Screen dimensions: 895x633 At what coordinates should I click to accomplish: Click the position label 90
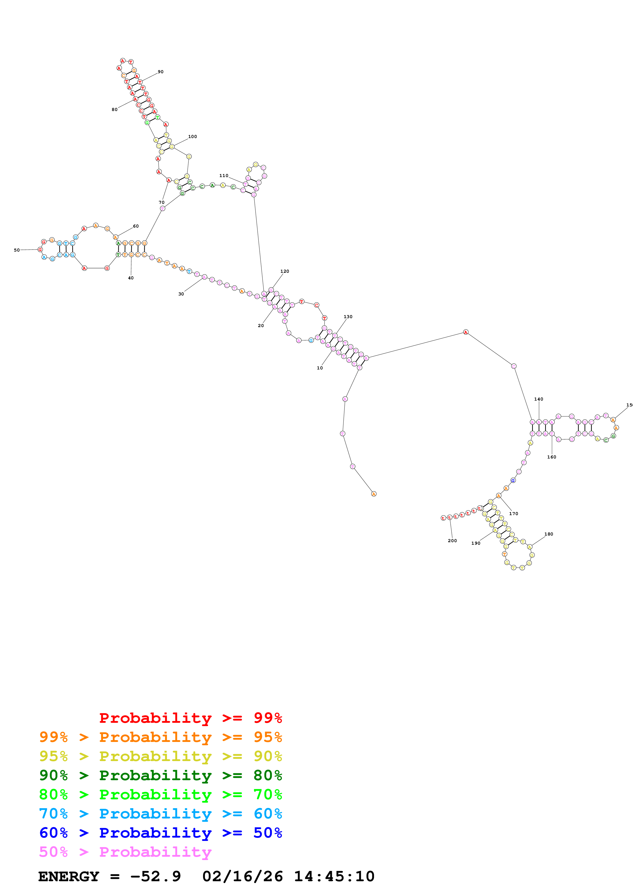click(160, 72)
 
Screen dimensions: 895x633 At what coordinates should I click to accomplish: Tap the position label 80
click(114, 109)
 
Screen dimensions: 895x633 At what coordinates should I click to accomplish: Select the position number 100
click(192, 136)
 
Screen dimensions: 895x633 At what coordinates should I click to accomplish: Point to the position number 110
click(223, 176)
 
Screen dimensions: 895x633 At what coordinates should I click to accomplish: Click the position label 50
click(17, 250)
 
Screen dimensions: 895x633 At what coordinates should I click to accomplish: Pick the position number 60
click(136, 226)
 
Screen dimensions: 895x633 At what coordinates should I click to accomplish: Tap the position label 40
click(131, 278)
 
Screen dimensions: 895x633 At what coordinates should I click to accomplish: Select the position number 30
click(181, 294)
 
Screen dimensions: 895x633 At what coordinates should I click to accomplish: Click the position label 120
click(285, 271)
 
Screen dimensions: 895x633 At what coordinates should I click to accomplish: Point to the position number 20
click(260, 326)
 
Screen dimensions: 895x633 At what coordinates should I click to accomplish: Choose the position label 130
click(348, 317)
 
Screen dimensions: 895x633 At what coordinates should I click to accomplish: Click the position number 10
click(320, 368)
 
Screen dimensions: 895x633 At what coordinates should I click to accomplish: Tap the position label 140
click(539, 399)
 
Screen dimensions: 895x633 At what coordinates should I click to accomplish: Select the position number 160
click(552, 457)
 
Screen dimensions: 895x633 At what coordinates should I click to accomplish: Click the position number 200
click(452, 541)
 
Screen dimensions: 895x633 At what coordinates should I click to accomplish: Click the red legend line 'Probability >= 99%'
click(190, 718)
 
